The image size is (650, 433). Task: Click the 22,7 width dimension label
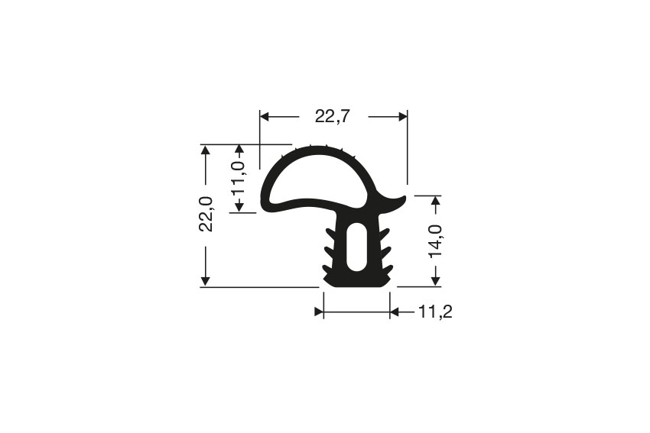(333, 117)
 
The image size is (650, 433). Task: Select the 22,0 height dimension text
(206, 214)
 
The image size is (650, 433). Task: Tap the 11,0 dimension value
(239, 179)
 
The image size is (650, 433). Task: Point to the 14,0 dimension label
(435, 241)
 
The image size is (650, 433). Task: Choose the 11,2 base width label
(435, 312)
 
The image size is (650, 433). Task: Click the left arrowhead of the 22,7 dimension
(265, 117)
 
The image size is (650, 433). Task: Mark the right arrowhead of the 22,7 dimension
(402, 117)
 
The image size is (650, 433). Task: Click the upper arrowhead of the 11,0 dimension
(239, 150)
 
